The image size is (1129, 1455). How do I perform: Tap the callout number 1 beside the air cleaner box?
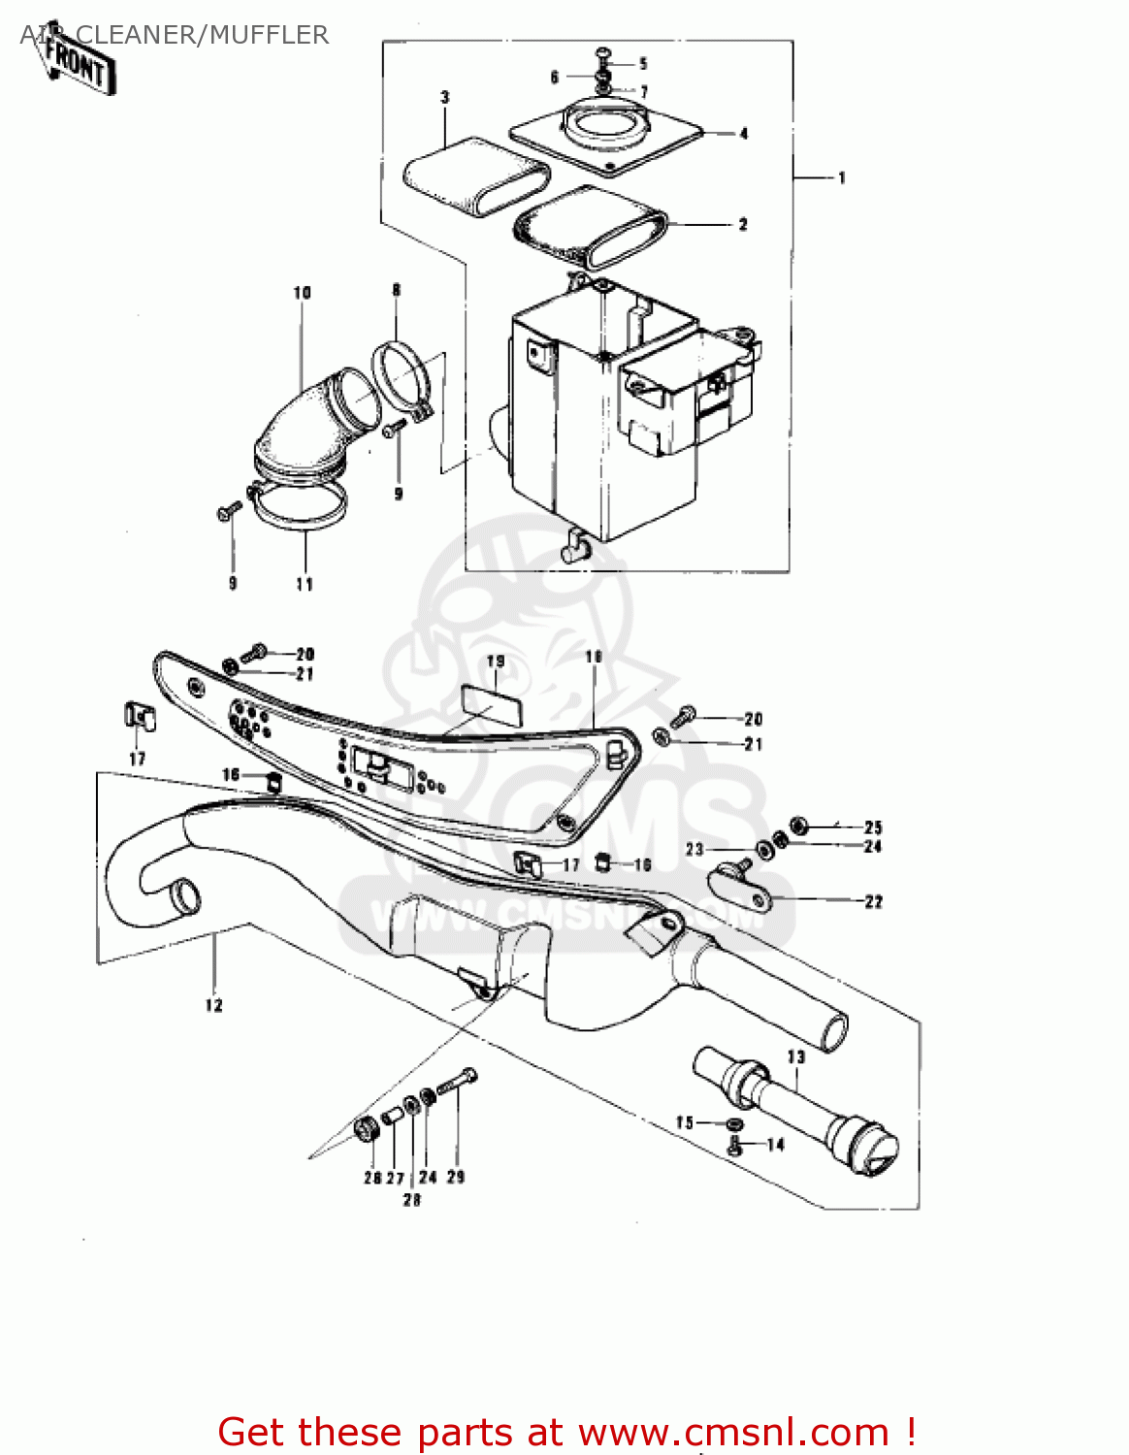[842, 178]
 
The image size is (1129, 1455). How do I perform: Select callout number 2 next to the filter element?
[743, 224]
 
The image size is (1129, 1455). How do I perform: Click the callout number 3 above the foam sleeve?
[445, 97]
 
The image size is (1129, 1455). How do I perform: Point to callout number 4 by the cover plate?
[744, 134]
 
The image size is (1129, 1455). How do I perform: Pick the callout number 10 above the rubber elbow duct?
[302, 292]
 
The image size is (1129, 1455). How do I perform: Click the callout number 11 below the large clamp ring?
[305, 584]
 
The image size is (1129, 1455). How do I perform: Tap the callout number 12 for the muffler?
[213, 1005]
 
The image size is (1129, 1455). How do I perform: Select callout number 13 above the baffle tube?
[795, 1056]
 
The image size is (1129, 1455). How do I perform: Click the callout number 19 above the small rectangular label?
[496, 662]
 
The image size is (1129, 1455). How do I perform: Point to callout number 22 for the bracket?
[873, 901]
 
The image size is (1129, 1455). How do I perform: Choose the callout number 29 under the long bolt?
[456, 1177]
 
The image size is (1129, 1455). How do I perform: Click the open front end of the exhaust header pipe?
[184, 896]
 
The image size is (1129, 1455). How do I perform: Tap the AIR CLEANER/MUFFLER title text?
[175, 35]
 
